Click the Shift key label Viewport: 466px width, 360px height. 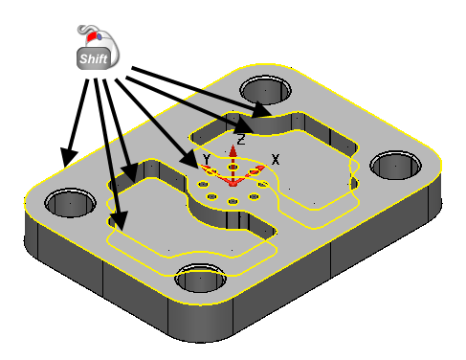94,58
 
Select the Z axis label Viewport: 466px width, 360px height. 241,140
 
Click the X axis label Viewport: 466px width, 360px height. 276,159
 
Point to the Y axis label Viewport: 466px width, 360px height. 207,159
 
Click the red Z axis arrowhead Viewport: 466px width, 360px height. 233,150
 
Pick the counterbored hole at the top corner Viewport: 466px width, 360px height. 265,90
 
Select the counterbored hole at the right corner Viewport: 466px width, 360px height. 395,165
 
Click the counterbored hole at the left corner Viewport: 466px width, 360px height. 70,202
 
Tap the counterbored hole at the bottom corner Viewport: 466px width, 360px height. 201,278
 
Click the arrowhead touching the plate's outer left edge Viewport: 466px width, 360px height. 68,157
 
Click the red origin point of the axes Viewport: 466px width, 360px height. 233,184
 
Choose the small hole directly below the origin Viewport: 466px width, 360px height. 233,201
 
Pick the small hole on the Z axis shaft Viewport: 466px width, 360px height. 233,167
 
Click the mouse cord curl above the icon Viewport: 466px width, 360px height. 85,29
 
